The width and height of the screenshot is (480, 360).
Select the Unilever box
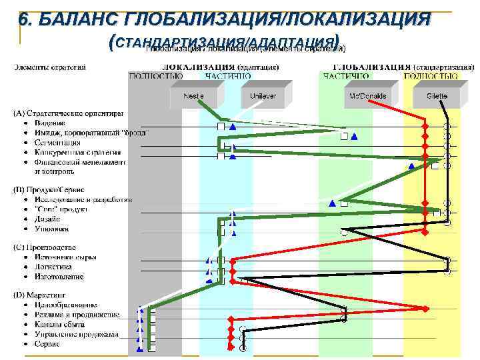click(263, 96)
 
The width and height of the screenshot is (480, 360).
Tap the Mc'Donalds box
click(368, 96)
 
